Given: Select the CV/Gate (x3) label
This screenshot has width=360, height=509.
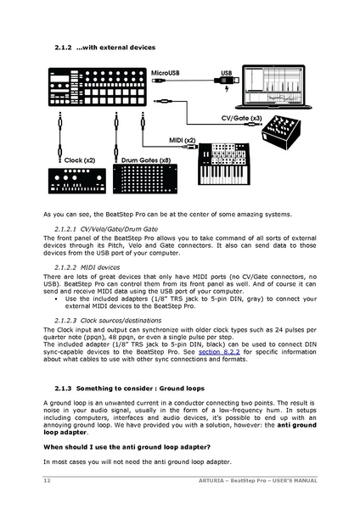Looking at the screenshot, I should tap(240, 119).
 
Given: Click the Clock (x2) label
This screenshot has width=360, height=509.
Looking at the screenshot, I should tap(79, 159).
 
